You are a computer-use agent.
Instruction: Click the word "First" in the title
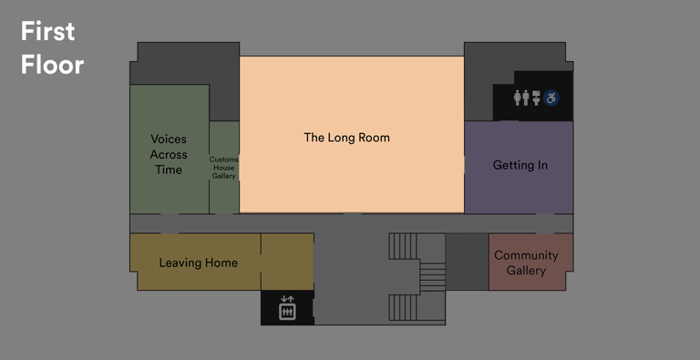(x=47, y=32)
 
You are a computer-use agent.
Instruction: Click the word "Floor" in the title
(x=53, y=65)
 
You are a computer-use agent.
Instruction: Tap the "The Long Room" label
(x=346, y=138)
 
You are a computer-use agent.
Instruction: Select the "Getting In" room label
(x=520, y=165)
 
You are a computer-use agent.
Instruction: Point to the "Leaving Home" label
(x=198, y=262)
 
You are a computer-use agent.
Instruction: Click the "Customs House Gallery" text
(x=224, y=168)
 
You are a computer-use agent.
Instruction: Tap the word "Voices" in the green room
(x=169, y=139)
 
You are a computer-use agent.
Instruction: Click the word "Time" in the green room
(x=169, y=170)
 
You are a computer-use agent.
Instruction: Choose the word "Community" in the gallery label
(x=526, y=255)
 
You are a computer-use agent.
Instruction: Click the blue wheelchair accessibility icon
(x=552, y=97)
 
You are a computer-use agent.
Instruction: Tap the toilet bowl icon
(x=537, y=97)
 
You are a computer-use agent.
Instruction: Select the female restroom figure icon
(x=518, y=97)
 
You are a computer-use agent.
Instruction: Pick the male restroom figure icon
(x=527, y=97)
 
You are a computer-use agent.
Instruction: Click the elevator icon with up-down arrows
(x=287, y=308)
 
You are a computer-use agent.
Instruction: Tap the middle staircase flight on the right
(x=431, y=276)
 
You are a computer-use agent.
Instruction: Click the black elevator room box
(x=287, y=307)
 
